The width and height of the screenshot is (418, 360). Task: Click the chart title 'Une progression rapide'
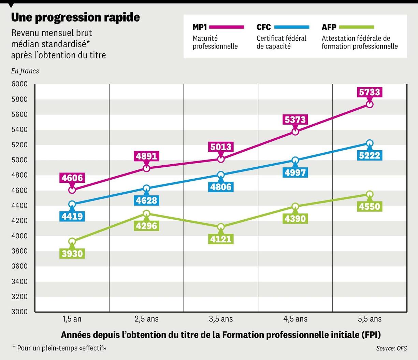75,17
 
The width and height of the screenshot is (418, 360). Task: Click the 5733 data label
369,92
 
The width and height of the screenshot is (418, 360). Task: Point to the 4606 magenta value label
72,178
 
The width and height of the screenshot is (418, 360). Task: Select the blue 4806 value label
221,187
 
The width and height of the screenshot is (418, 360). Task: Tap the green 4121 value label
221,239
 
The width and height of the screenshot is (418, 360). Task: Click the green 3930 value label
72,253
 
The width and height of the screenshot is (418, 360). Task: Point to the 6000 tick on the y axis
19,84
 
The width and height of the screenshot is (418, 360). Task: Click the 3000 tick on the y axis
19,311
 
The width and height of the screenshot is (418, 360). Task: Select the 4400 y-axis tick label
19,206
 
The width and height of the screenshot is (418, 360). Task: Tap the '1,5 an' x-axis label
72,319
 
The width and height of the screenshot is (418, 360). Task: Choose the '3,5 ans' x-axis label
221,319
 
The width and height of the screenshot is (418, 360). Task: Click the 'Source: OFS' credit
391,348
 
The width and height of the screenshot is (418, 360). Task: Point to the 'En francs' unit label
25,71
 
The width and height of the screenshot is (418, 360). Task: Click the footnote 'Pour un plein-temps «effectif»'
60,348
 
